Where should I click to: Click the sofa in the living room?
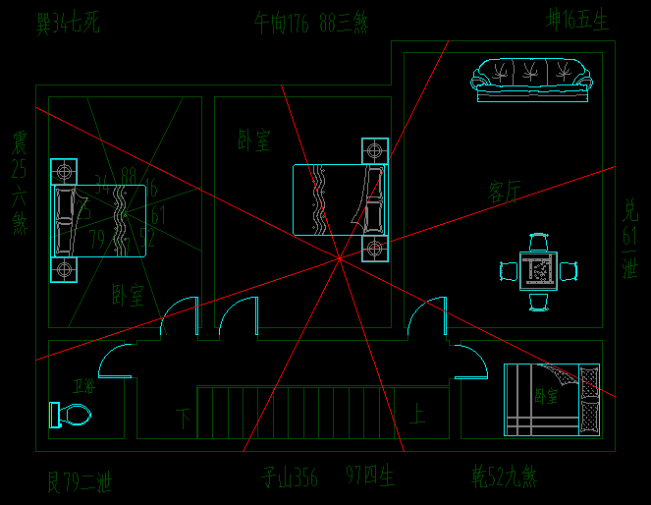(531, 80)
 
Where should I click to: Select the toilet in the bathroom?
(70, 416)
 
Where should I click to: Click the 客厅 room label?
(505, 192)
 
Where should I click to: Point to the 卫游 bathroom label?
(84, 386)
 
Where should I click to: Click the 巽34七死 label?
(68, 23)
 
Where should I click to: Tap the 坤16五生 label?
(577, 21)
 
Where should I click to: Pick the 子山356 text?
(290, 478)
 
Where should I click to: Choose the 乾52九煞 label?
(504, 478)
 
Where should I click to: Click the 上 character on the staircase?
(417, 416)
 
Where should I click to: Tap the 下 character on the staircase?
(184, 417)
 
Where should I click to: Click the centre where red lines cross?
(339, 258)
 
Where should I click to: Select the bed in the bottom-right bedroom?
(551, 399)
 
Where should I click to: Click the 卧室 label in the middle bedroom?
(253, 140)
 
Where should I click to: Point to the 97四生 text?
(370, 478)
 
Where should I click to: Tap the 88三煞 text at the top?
(343, 23)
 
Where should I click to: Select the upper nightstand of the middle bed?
(374, 151)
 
